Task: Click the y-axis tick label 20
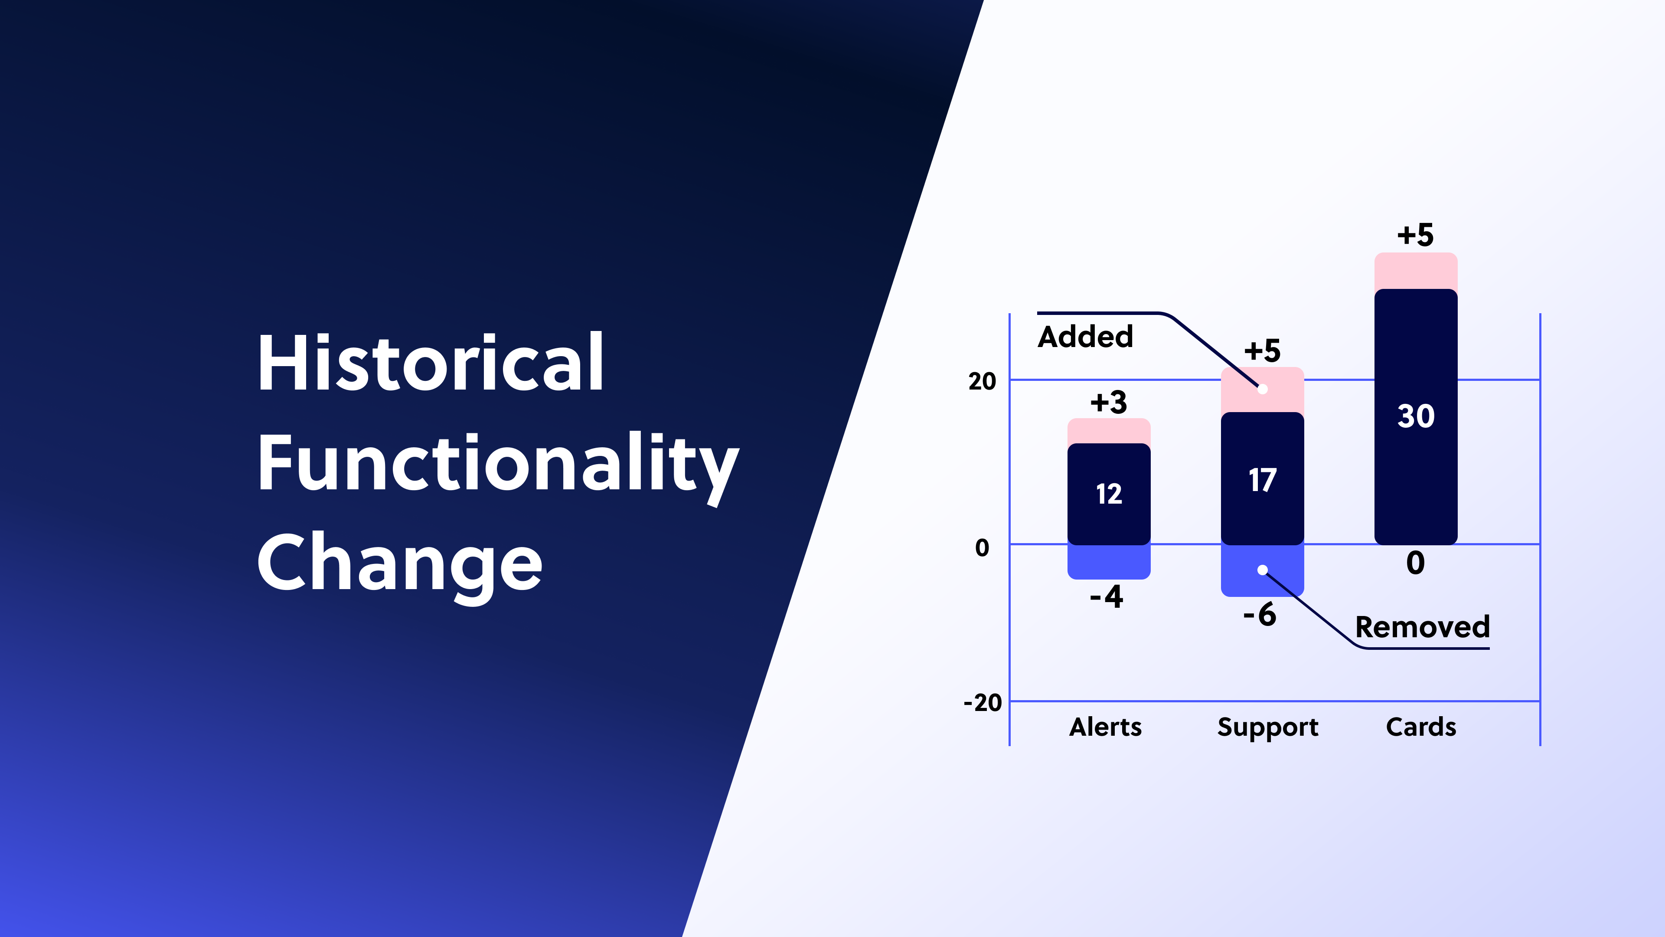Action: tap(982, 382)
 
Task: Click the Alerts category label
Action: tap(1105, 727)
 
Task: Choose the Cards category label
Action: tap(1421, 727)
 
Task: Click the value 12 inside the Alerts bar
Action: tap(1109, 494)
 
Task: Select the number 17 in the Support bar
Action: tap(1262, 481)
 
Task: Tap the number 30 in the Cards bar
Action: tap(1416, 416)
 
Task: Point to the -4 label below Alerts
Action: tap(1107, 596)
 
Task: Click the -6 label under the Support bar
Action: tap(1260, 614)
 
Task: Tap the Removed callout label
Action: tap(1422, 626)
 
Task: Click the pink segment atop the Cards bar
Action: tap(1416, 270)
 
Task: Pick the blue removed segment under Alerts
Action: tap(1109, 561)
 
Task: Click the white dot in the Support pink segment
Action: tap(1262, 389)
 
